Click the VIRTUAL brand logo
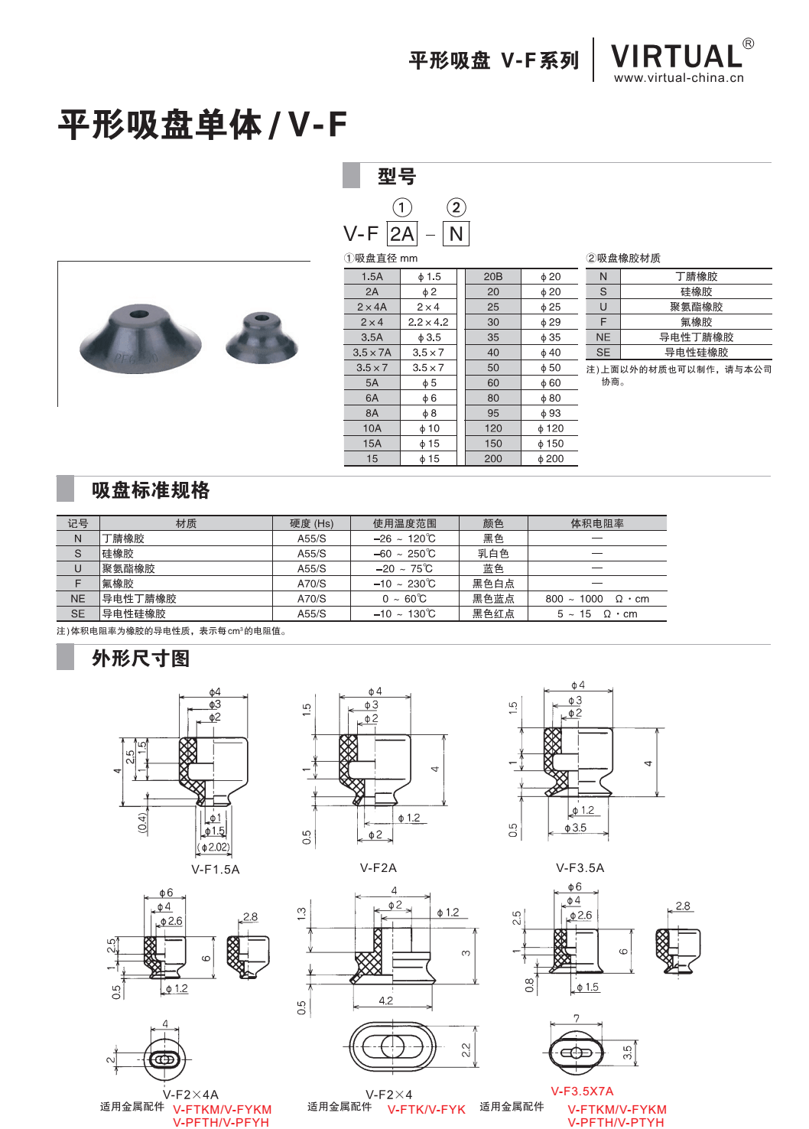pos(677,57)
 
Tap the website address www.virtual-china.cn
pos(678,77)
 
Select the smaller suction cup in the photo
pos(262,337)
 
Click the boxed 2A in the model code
pos(401,234)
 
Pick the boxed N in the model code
pos(456,234)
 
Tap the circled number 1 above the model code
pos(401,207)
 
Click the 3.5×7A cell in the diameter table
pos(372,353)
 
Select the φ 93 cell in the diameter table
pos(550,413)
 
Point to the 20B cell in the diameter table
pos(493,277)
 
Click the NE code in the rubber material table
pos(603,337)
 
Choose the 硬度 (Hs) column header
pos(311,524)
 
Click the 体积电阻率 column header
pos(597,524)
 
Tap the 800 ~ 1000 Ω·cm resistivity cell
pos(597,599)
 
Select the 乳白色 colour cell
pos(493,554)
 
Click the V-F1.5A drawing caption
pos(216,869)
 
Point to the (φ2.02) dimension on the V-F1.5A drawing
pos(213,847)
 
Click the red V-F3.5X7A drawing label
pos(582,1092)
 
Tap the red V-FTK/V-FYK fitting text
pos(426,1109)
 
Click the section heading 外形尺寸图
pos(141,659)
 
